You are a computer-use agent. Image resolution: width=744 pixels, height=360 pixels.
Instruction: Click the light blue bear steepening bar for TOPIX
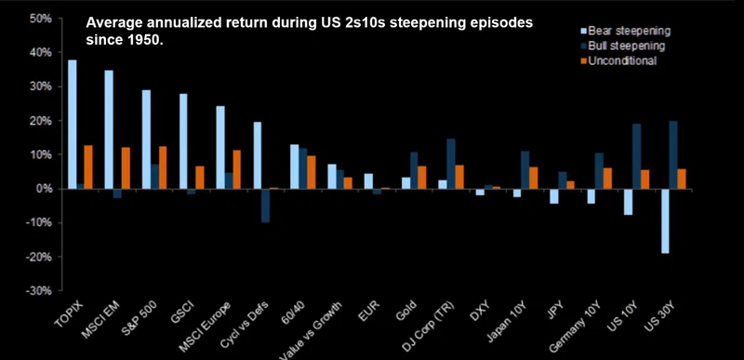[73, 125]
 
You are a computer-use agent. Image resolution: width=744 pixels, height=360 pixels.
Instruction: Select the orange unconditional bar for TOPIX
[88, 167]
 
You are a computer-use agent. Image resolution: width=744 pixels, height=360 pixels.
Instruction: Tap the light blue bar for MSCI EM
[109, 129]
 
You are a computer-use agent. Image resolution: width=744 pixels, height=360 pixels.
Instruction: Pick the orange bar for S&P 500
[162, 167]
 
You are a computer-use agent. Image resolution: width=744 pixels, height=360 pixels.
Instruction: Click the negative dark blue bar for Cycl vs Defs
[266, 206]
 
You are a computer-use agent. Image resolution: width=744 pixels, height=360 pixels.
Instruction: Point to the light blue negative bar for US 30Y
[665, 221]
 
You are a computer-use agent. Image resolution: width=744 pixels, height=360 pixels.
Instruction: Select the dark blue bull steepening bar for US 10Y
[636, 156]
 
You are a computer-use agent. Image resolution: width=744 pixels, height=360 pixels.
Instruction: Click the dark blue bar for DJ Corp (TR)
[451, 164]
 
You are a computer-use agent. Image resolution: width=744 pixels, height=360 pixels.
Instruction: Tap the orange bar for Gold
[422, 178]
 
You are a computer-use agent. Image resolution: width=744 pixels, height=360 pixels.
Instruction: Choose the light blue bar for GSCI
[183, 141]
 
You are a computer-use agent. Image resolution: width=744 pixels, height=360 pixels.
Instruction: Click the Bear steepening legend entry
[625, 32]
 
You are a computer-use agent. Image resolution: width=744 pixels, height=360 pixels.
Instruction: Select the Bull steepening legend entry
[622, 46]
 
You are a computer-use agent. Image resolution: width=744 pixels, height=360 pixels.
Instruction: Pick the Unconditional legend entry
[618, 60]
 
